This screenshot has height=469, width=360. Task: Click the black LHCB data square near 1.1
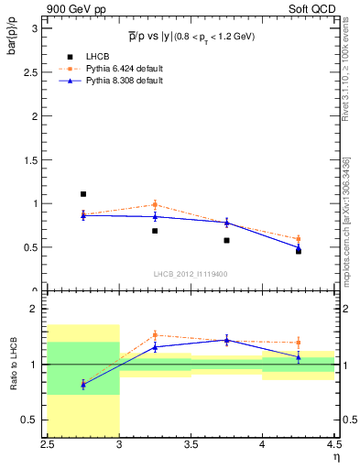click(x=83, y=194)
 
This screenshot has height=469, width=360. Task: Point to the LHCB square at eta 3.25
click(x=155, y=231)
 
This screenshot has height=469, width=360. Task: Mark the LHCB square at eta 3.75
click(x=226, y=240)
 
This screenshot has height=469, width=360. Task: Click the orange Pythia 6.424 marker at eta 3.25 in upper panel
click(x=155, y=204)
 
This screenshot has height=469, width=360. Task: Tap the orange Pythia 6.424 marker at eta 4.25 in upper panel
click(x=298, y=239)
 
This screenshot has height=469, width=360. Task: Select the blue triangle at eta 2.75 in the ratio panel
click(x=83, y=385)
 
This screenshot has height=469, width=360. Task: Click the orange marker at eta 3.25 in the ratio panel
click(x=155, y=335)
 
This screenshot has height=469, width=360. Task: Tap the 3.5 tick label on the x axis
click(x=191, y=444)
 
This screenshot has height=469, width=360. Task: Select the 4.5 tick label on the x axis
click(x=333, y=444)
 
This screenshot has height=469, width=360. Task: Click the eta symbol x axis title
click(x=336, y=457)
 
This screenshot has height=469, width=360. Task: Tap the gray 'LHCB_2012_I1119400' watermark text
click(x=191, y=274)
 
